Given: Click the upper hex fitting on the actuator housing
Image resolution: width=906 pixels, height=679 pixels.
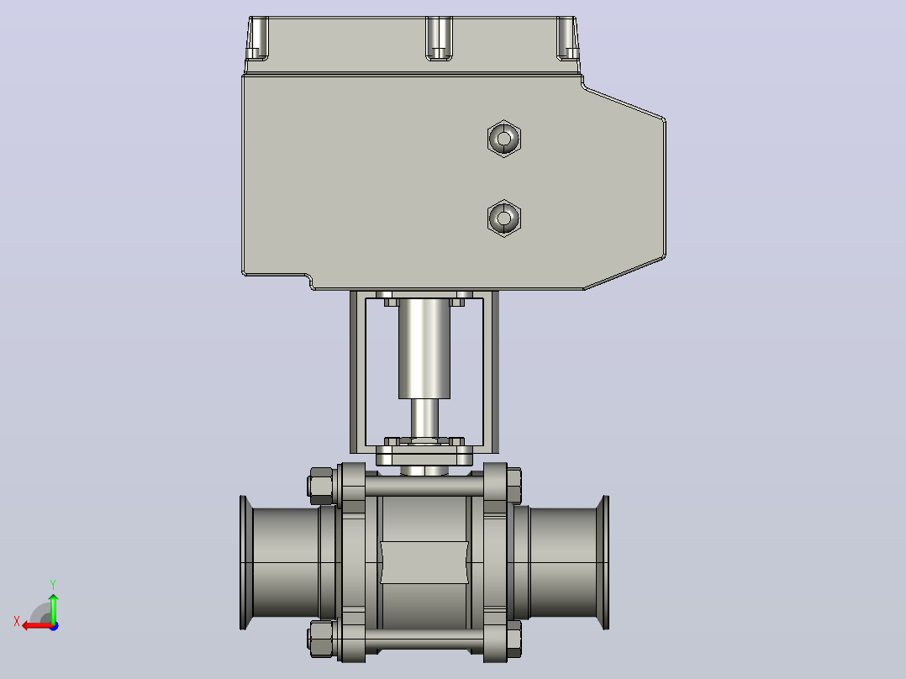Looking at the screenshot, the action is [x=504, y=139].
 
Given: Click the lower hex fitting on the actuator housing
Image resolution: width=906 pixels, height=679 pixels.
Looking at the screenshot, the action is [x=504, y=218].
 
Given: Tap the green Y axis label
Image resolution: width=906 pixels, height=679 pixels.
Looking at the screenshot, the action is [x=53, y=584].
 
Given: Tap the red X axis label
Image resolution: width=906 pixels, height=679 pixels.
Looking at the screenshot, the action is [x=17, y=622].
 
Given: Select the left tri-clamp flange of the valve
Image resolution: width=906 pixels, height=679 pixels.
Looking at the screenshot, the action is [x=246, y=562].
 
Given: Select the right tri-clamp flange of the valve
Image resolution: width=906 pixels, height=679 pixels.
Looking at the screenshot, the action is [x=603, y=562].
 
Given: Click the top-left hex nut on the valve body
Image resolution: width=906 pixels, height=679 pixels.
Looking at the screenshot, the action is [x=321, y=486].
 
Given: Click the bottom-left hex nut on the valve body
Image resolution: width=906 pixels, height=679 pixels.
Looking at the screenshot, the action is [x=321, y=639].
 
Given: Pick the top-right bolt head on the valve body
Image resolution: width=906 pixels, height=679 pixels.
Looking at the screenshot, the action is [x=514, y=486].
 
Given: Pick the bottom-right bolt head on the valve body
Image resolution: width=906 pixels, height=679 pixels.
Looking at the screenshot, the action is [x=514, y=639].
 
